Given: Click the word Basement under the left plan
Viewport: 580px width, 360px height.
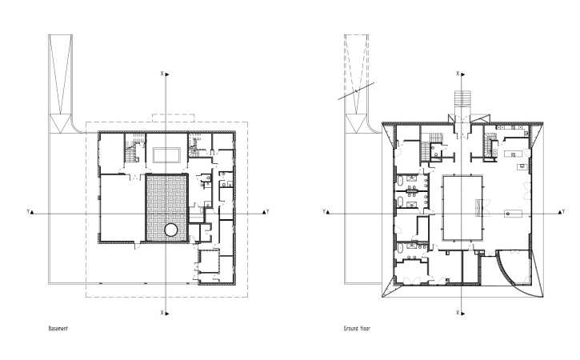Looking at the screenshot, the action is [x=58, y=329].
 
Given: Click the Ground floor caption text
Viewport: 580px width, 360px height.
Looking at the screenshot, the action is [x=357, y=329].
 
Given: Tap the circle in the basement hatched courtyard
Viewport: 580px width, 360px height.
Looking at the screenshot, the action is [x=170, y=230].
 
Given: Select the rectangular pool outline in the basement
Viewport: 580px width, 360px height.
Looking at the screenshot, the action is [x=167, y=155].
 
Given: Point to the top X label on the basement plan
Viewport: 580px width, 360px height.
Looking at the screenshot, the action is [x=162, y=74].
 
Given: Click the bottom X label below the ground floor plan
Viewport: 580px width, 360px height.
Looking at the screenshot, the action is [x=458, y=313].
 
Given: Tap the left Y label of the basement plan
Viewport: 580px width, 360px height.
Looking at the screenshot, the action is [x=28, y=212].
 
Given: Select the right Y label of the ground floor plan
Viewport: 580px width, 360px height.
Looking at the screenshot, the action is [x=563, y=212].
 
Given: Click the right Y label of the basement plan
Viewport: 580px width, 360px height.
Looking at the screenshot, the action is [x=267, y=212].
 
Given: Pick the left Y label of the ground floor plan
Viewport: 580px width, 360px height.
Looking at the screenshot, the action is [x=324, y=212].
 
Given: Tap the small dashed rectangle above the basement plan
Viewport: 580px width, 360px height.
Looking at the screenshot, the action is [x=173, y=118].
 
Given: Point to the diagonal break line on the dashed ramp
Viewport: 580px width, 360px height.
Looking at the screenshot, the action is [x=357, y=91].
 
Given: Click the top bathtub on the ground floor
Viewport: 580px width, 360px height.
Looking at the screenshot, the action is [x=401, y=182].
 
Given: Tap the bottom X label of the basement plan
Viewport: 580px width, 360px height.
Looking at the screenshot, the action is [x=162, y=313].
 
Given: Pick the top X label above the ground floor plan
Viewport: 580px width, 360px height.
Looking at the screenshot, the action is [x=458, y=74].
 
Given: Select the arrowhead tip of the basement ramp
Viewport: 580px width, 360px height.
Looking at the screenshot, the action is [x=60, y=133].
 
